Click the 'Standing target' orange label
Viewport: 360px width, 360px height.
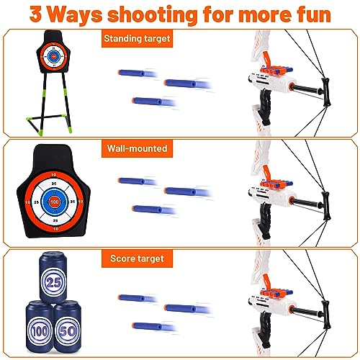click(137, 38)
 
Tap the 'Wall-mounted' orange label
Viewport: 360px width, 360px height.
click(137, 148)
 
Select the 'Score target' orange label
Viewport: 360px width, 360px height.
click(137, 258)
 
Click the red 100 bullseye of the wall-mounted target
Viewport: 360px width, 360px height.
click(55, 202)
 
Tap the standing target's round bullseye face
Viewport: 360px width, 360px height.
click(54, 57)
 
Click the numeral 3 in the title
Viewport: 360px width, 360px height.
click(35, 14)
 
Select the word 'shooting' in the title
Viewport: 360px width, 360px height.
click(153, 15)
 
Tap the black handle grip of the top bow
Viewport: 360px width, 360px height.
click(266, 107)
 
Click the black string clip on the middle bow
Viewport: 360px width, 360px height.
click(326, 206)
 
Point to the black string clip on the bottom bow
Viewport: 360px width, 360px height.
click(326, 315)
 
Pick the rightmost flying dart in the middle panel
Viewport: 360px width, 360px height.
click(188, 192)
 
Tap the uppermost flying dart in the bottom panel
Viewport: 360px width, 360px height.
click(138, 298)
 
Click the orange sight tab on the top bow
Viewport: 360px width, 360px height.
click(266, 58)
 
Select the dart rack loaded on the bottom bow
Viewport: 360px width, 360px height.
click(276, 294)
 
